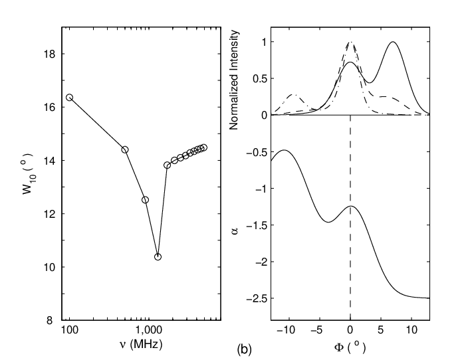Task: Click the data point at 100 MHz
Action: point(70,97)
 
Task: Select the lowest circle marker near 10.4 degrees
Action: point(158,257)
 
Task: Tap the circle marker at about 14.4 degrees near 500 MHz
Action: point(125,149)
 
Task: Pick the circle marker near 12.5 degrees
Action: point(146,200)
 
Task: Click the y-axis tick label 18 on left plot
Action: point(50,54)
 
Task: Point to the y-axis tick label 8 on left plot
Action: point(50,320)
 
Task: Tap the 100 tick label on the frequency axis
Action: point(70,330)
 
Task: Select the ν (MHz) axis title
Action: point(141,345)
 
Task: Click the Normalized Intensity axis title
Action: point(234,80)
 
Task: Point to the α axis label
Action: point(235,230)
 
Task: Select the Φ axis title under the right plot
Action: point(350,348)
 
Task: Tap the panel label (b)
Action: point(244,349)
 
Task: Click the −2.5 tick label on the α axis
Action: point(257,298)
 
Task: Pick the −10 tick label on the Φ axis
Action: point(286,330)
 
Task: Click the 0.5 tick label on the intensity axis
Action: point(260,78)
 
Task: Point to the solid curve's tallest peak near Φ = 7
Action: point(393,42)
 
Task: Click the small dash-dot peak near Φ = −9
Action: point(294,94)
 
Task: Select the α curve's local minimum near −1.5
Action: point(328,222)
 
